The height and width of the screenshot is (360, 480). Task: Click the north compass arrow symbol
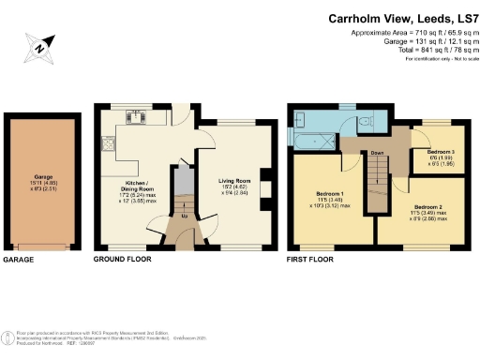click(37, 47)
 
